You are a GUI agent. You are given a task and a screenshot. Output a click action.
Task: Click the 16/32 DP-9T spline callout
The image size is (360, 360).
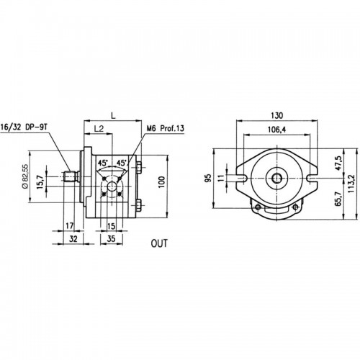[x=24, y=127]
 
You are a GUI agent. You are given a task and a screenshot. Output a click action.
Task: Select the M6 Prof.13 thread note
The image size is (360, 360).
[x=166, y=128]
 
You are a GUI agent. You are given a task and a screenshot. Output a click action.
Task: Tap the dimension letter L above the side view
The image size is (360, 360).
[x=113, y=116]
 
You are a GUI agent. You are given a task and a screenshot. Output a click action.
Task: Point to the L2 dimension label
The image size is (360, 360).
[x=99, y=129]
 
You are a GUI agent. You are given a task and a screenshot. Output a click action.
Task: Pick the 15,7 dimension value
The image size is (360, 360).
[x=40, y=182]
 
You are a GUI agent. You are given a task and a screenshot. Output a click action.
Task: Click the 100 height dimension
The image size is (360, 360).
[x=162, y=182]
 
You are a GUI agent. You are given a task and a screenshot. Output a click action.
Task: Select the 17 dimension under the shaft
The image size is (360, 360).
[x=70, y=226]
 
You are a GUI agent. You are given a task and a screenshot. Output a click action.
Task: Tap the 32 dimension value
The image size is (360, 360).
[x=73, y=239]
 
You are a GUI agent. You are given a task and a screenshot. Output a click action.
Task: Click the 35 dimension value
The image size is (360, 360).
[x=111, y=239]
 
